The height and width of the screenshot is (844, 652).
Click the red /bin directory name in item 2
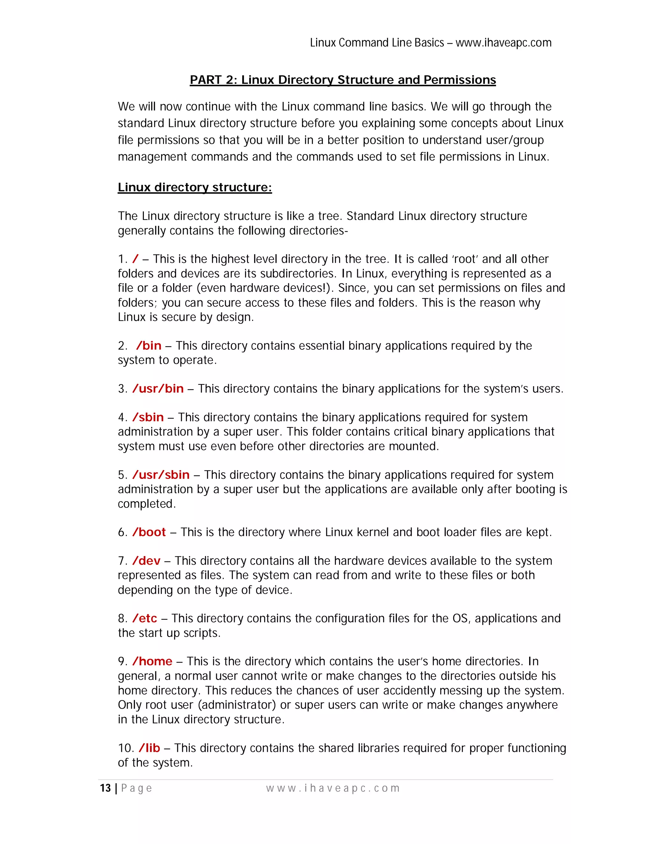(149, 346)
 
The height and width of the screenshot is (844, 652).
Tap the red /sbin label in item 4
(148, 417)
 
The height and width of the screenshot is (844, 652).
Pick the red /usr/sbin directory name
(161, 475)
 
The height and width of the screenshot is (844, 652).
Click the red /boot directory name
(149, 532)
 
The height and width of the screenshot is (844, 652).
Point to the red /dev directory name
(146, 561)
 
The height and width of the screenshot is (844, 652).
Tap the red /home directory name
(152, 661)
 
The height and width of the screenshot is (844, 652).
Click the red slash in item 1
(135, 259)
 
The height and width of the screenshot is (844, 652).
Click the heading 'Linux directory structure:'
(195, 187)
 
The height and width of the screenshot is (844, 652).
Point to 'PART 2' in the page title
(212, 80)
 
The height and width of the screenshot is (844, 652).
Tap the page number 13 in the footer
(105, 788)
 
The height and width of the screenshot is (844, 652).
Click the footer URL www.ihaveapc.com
(333, 788)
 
